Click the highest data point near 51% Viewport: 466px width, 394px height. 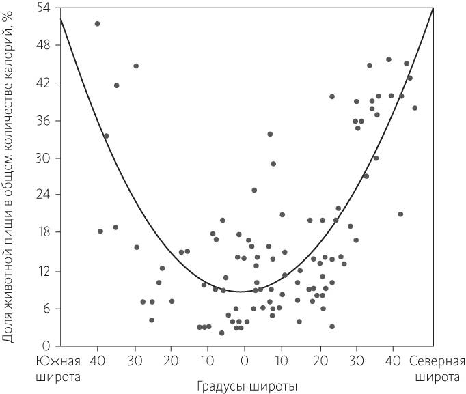click(97, 24)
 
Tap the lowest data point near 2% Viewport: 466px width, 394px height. click(221, 333)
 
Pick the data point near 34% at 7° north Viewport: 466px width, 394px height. click(270, 135)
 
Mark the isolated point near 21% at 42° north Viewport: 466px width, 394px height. click(400, 214)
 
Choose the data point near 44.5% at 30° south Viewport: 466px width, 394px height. click(136, 66)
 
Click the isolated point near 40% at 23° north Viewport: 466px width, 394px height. click(332, 97)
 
